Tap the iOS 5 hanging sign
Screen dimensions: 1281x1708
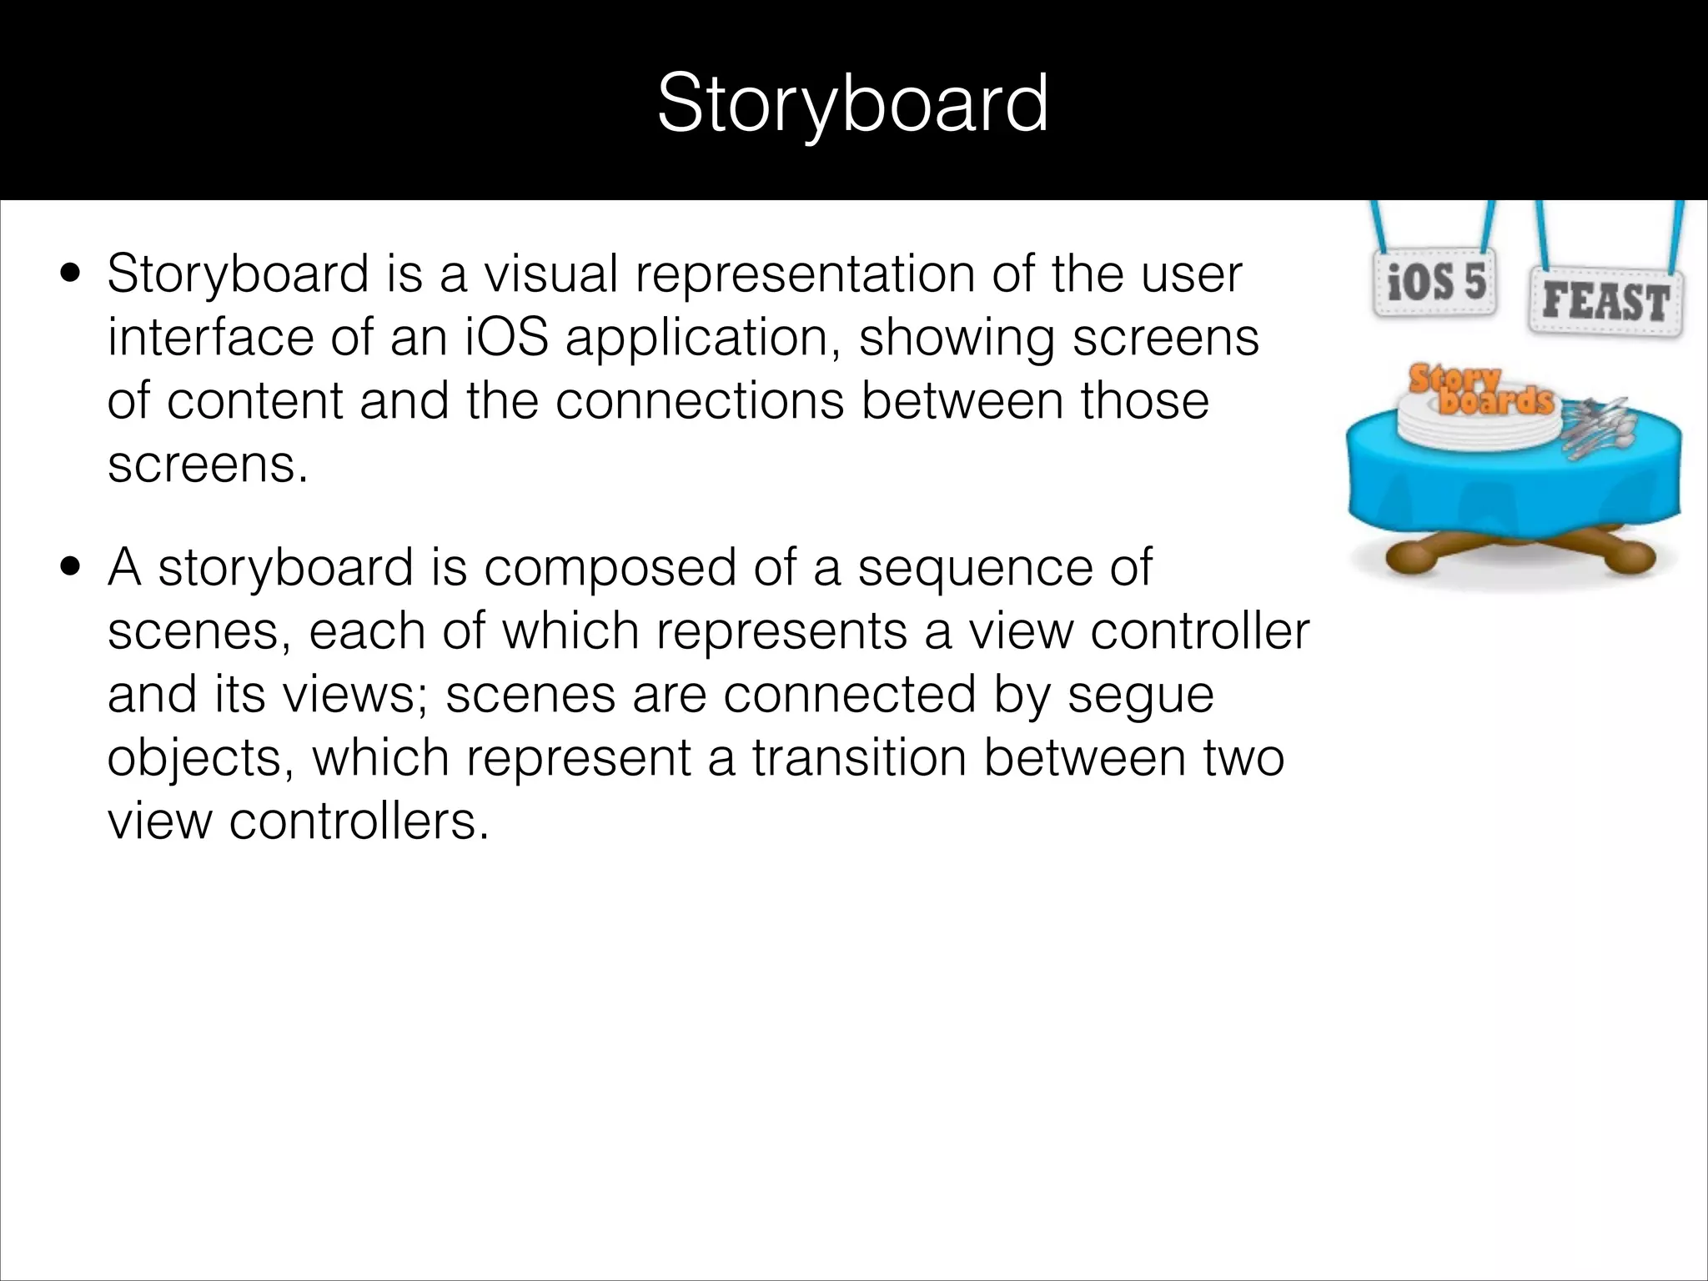click(x=1435, y=283)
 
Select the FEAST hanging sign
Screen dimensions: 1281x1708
click(x=1605, y=301)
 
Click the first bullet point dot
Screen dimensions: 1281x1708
click(x=70, y=274)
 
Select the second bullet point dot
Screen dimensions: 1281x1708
click(x=70, y=568)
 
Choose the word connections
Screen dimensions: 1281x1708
click(x=699, y=401)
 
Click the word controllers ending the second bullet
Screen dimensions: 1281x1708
click(x=359, y=821)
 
